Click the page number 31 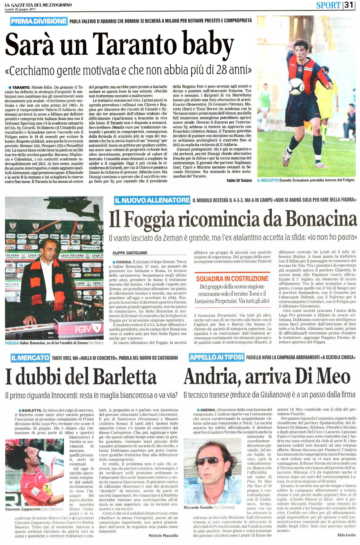[x=350, y=5]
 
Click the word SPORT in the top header [x=328, y=5]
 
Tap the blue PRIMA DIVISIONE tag [x=39, y=21]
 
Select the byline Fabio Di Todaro [x=237, y=180]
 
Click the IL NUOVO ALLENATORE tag [x=152, y=200]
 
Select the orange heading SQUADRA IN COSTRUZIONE [x=232, y=279]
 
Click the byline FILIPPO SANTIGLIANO [x=130, y=253]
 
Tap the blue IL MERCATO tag [x=30, y=358]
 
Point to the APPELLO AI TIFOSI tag [x=217, y=357]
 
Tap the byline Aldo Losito [x=346, y=535]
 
